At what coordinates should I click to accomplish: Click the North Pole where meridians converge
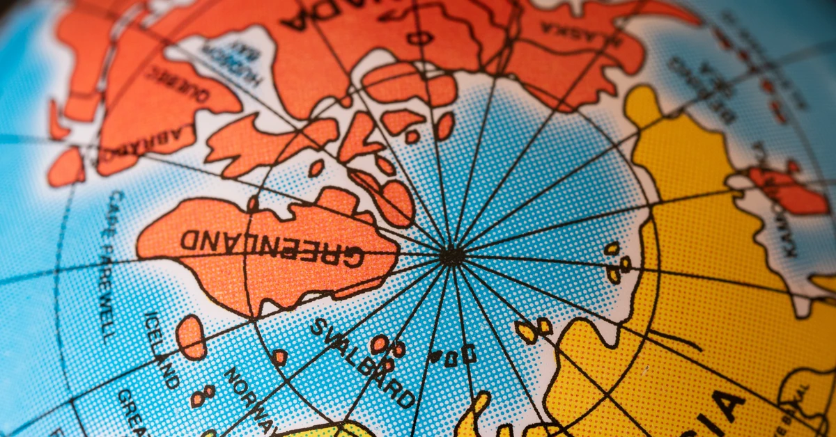click(x=451, y=256)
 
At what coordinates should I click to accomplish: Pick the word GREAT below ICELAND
click(x=132, y=407)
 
